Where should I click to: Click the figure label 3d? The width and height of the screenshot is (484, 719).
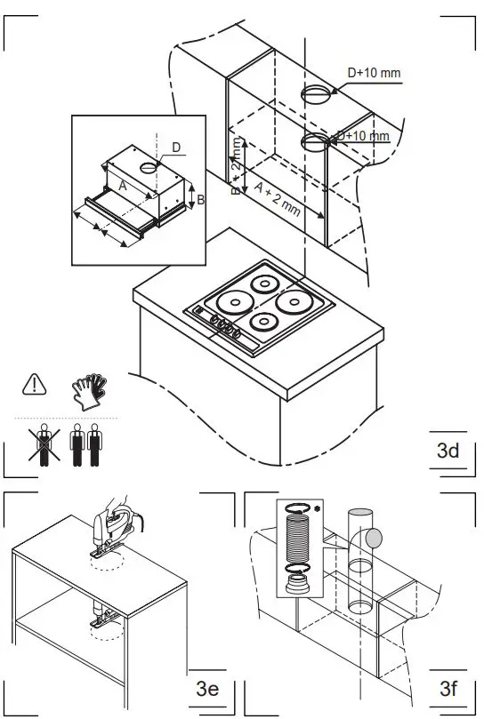(448, 451)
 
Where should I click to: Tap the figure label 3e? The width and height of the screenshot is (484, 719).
(207, 688)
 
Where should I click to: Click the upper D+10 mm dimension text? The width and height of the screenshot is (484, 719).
(374, 72)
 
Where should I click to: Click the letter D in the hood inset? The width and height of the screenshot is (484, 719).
(175, 146)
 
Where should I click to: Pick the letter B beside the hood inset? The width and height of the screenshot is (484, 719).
(201, 200)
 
